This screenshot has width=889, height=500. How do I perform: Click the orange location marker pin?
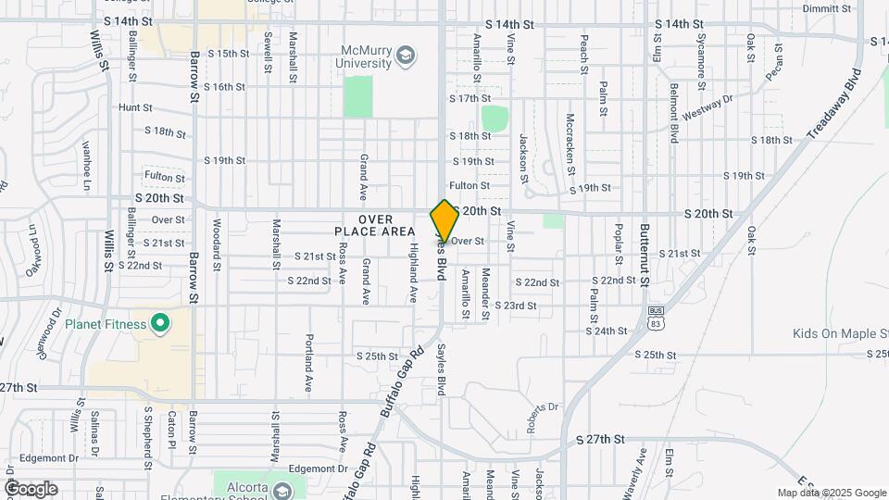tap(444, 221)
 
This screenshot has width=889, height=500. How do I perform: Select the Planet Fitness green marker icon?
tap(160, 323)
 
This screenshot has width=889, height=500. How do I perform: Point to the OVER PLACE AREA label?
tap(374, 225)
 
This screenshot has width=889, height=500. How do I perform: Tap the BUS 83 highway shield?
tap(656, 318)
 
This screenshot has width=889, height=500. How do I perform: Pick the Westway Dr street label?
tap(707, 108)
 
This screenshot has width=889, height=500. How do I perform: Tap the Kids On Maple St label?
tap(840, 333)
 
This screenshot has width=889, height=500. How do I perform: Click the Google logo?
tap(31, 488)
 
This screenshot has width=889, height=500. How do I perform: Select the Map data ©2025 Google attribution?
tap(831, 493)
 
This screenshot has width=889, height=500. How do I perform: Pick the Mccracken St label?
tap(570, 144)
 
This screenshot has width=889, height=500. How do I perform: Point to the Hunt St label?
tap(135, 108)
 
